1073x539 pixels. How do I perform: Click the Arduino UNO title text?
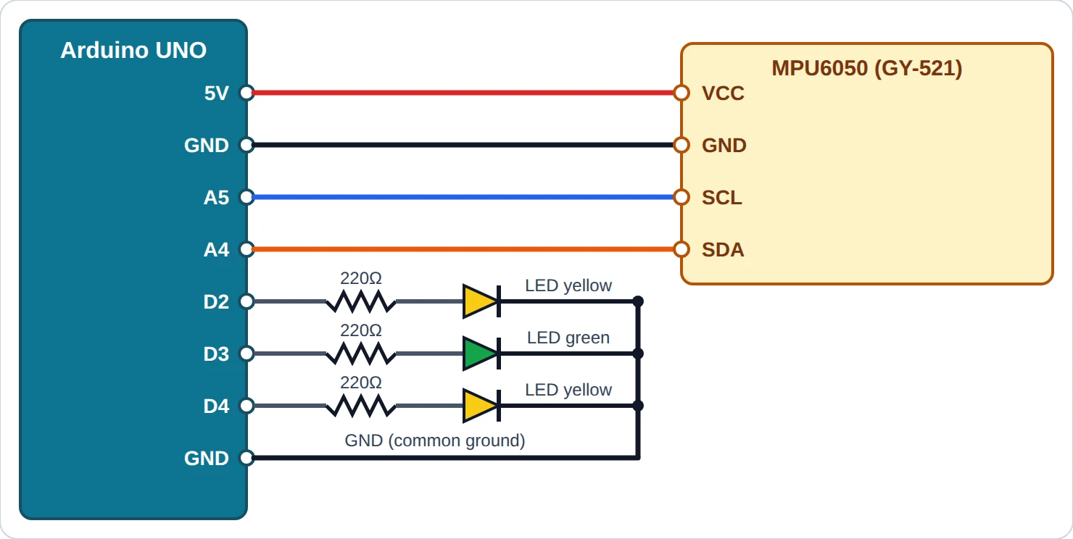tap(133, 50)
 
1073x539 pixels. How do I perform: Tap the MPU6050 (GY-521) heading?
tap(866, 68)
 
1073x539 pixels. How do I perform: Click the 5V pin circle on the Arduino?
tap(246, 93)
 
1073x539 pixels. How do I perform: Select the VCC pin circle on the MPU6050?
tap(681, 93)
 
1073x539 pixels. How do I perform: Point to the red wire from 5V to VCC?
tap(464, 93)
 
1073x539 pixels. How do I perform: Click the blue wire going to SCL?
tap(464, 197)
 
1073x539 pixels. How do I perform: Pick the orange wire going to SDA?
tap(464, 249)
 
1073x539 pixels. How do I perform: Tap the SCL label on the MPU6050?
tap(722, 198)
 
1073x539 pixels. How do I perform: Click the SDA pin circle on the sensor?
tap(681, 249)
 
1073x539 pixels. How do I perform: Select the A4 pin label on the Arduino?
tap(217, 250)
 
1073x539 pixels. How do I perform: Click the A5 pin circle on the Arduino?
tap(246, 197)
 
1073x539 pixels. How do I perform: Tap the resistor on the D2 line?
tap(361, 301)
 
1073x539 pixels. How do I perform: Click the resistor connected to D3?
tap(361, 354)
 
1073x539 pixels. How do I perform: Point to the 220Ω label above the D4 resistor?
tap(361, 383)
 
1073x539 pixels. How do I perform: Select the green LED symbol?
tap(481, 354)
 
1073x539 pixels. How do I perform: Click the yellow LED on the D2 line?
tap(481, 301)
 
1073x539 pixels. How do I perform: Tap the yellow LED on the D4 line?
tap(481, 406)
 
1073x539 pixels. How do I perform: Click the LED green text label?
tap(568, 338)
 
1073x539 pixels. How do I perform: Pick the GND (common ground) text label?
tap(435, 440)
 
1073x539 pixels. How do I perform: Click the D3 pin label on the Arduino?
tap(217, 354)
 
